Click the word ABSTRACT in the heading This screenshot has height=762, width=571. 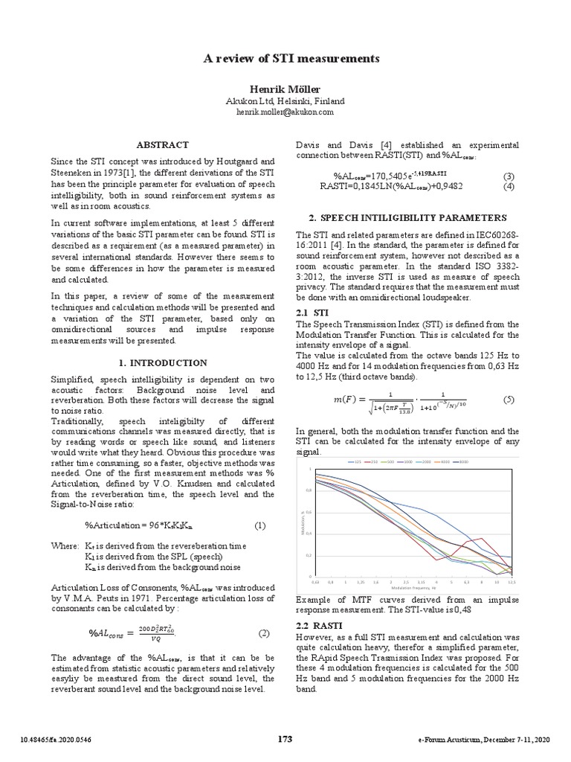[162, 144]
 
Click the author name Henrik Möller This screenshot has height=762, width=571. [285, 89]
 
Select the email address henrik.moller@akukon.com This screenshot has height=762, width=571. [285, 111]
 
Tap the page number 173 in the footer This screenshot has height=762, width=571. [285, 739]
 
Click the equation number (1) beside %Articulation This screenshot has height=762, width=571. [260, 526]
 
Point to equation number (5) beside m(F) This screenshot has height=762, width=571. [509, 400]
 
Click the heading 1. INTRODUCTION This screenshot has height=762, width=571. [162, 363]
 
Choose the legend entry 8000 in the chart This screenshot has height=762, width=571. [463, 462]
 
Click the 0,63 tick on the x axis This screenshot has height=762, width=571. [314, 581]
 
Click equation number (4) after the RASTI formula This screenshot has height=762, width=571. [509, 186]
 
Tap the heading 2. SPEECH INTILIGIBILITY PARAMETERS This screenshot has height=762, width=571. [407, 217]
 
